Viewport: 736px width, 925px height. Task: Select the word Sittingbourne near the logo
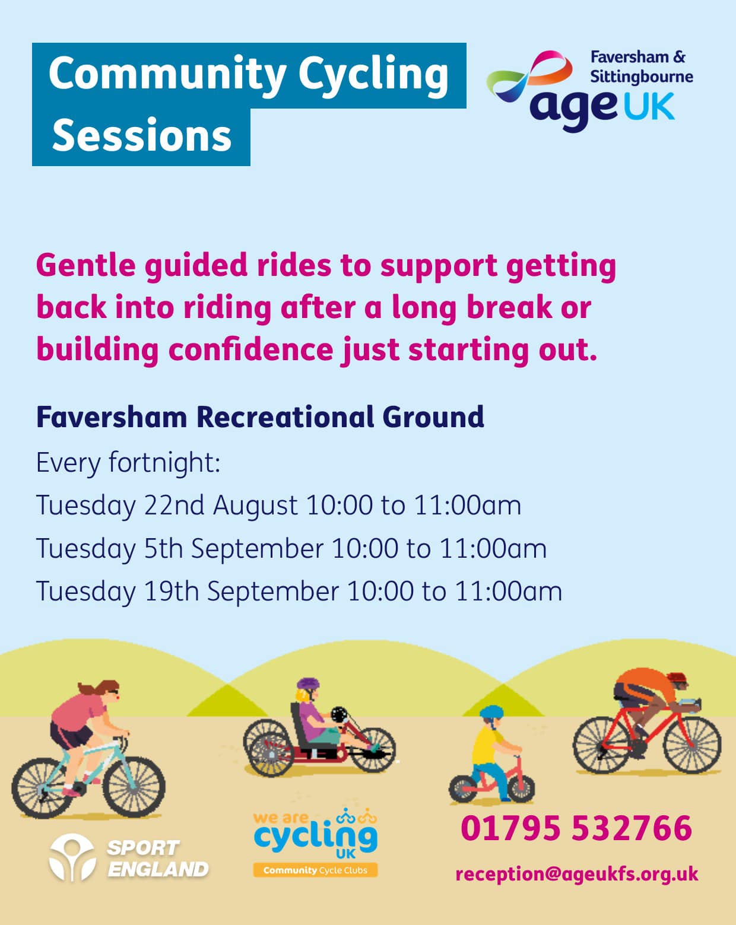pyautogui.click(x=642, y=77)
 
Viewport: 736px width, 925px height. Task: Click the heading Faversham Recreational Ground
pyautogui.click(x=260, y=417)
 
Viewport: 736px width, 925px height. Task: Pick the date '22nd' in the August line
pyautogui.click(x=174, y=504)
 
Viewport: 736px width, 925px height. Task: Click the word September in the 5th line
pyautogui.click(x=257, y=549)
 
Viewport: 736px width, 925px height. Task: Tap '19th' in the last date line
pyautogui.click(x=171, y=591)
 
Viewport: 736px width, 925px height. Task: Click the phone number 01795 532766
pyautogui.click(x=576, y=828)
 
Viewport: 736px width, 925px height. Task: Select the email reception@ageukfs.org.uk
pyautogui.click(x=577, y=875)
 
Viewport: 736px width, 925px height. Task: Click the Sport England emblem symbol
pyautogui.click(x=72, y=857)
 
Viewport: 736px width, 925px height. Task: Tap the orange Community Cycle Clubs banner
pyautogui.click(x=315, y=870)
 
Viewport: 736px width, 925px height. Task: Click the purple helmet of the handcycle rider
pyautogui.click(x=308, y=684)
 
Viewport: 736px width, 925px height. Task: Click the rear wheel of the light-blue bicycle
pyautogui.click(x=42, y=788)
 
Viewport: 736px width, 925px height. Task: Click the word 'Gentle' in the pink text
pyautogui.click(x=86, y=265)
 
